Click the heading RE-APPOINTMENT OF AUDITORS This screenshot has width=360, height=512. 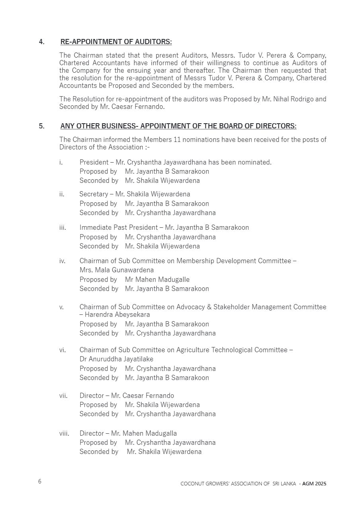[x=116, y=42]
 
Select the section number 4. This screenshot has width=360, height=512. [x=41, y=42]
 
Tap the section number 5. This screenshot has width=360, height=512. [x=41, y=126]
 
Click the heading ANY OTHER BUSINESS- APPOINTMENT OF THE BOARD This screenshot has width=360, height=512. [x=178, y=126]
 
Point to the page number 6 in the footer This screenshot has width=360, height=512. [x=40, y=481]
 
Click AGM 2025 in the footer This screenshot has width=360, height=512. [x=314, y=484]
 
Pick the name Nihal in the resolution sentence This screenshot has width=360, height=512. [x=282, y=99]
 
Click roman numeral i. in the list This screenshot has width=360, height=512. [x=61, y=162]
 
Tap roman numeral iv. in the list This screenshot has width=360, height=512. [x=62, y=261]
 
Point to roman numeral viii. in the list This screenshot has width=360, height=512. [x=64, y=433]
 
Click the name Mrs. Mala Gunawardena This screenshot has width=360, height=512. [x=117, y=270]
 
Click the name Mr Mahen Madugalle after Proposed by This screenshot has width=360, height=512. [x=157, y=279]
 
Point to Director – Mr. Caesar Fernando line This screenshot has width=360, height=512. [x=126, y=396]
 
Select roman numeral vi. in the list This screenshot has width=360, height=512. [x=62, y=350]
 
